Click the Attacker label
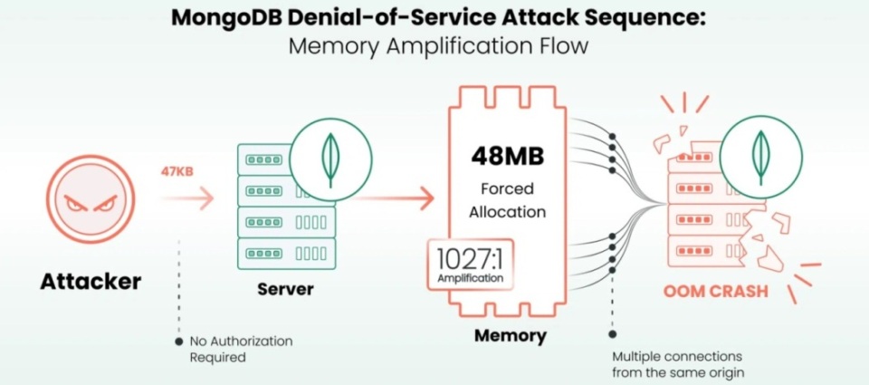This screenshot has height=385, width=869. coord(91,282)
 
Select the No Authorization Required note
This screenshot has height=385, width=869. coord(241,349)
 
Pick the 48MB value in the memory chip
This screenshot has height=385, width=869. coord(507,155)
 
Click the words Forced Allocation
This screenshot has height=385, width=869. coord(507,200)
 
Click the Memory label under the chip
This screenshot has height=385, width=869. coord(511,336)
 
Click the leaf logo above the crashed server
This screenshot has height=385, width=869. coord(759,159)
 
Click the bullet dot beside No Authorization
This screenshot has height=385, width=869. coord(180,342)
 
